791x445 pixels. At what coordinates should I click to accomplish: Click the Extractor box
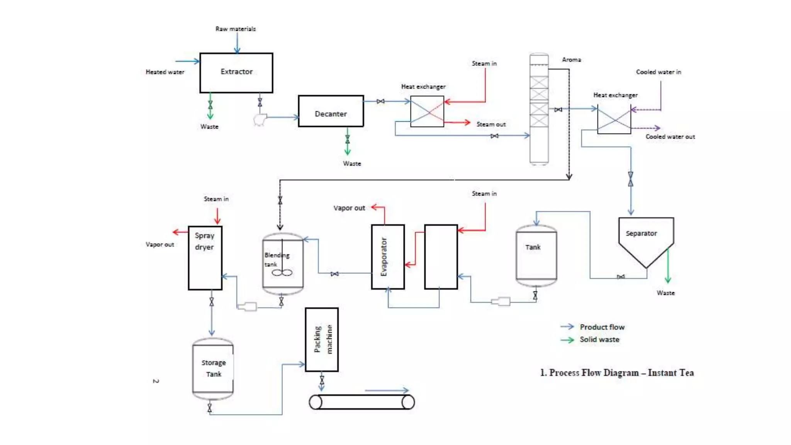236,73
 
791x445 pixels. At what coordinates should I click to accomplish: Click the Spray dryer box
205,258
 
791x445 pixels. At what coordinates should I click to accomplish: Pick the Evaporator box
388,256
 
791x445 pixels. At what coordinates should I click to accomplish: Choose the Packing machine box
322,340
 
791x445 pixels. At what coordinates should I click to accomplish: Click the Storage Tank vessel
213,369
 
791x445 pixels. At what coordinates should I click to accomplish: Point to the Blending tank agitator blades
282,273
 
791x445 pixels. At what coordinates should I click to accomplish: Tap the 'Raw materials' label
235,29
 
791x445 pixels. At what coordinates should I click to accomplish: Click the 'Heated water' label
165,72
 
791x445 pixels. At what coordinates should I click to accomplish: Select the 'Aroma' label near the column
571,60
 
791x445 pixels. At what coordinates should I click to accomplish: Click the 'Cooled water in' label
659,72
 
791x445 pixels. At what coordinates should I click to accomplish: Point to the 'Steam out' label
491,124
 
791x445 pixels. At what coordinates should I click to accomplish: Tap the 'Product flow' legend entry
602,327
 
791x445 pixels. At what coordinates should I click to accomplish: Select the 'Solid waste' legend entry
599,340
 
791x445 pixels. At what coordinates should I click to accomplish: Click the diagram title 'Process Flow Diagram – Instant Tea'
617,373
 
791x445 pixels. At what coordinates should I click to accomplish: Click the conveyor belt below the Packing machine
362,402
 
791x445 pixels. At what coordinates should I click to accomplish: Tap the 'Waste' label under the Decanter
352,164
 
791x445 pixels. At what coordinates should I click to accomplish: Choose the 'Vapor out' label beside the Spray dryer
160,245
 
